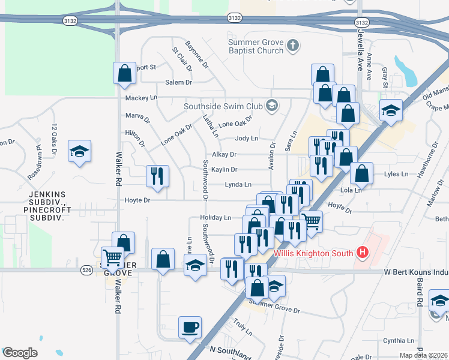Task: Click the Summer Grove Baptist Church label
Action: click(x=256, y=46)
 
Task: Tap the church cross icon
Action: click(x=292, y=46)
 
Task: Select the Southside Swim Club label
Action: click(x=223, y=106)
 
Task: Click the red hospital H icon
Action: click(x=361, y=253)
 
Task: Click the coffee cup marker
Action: click(x=190, y=328)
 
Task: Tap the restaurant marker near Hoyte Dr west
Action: click(x=157, y=176)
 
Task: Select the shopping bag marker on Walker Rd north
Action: click(x=124, y=74)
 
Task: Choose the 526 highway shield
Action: click(x=86, y=271)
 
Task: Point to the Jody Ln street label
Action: click(x=246, y=138)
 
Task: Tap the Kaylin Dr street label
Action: click(x=224, y=170)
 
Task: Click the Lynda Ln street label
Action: click(x=238, y=185)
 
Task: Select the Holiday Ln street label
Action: click(x=218, y=217)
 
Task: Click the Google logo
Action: click(x=20, y=353)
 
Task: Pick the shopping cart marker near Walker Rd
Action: click(x=112, y=258)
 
